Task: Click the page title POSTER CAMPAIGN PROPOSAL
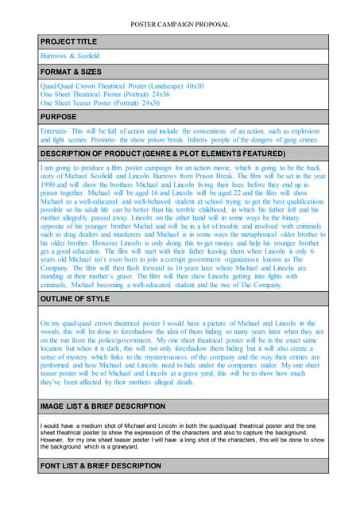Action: (180, 25)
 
